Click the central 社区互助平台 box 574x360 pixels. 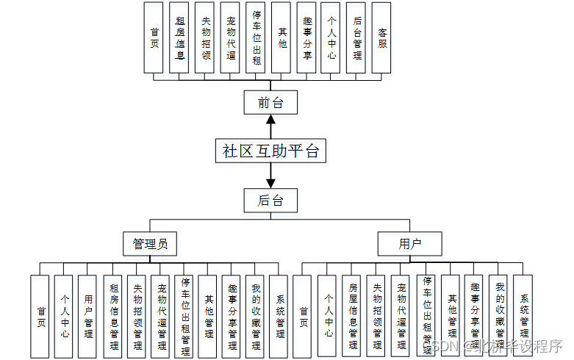271,151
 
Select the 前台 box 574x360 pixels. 271,103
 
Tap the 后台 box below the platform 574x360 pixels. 271,200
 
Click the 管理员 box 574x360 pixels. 150,243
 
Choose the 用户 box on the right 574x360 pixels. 409,243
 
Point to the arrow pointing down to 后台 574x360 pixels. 271,178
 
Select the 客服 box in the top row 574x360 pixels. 381,37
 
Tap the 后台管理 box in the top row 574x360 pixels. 356,37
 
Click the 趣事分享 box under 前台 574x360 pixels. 306,37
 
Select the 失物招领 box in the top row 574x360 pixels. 205,37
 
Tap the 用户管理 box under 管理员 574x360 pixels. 87,316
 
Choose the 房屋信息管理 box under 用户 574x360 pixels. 352,316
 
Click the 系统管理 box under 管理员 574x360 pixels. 279,316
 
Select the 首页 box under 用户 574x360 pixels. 303,316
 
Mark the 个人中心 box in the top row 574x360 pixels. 331,37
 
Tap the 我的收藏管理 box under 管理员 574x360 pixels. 255,316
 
